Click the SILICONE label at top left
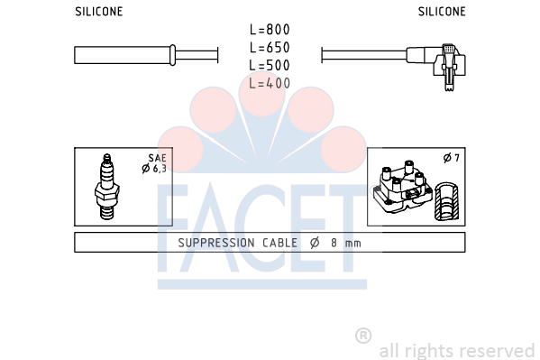tap(99, 12)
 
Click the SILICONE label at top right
tap(442, 12)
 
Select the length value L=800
tap(270, 30)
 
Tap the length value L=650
tap(270, 48)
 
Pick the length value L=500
tap(270, 65)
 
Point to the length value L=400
tap(270, 83)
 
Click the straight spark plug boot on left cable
tap(125, 55)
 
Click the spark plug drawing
tap(107, 187)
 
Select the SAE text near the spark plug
tap(158, 158)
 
